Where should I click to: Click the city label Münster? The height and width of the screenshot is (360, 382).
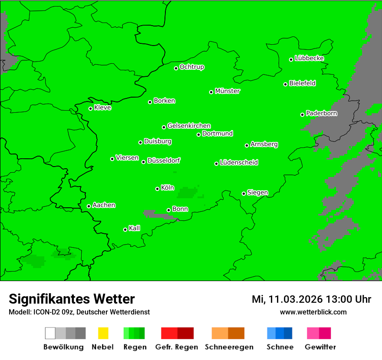(x=227, y=91)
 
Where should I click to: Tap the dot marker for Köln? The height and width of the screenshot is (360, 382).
(x=157, y=189)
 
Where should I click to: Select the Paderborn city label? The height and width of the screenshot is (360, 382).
(x=322, y=113)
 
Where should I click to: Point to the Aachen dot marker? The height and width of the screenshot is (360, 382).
(x=89, y=206)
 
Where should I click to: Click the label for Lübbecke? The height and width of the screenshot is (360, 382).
(x=310, y=58)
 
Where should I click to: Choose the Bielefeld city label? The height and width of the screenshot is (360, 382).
(x=303, y=83)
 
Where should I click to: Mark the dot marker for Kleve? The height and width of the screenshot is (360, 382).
(x=90, y=108)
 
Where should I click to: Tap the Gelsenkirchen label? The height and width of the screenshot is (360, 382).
(x=189, y=126)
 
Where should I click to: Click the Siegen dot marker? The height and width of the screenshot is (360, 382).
(x=244, y=193)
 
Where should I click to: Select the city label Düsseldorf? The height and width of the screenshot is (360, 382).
(x=164, y=160)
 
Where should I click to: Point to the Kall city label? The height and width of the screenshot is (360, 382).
(x=135, y=228)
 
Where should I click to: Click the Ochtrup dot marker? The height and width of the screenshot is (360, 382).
(x=176, y=68)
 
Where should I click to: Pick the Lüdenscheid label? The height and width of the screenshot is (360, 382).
(x=239, y=163)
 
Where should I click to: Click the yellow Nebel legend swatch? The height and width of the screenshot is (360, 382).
(x=103, y=333)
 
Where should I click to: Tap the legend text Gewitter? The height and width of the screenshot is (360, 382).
(x=320, y=347)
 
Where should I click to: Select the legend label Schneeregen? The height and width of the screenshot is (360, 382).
(x=228, y=347)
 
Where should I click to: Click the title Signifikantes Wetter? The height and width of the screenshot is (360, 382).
(x=72, y=299)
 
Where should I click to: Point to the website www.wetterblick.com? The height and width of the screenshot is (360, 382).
(x=313, y=312)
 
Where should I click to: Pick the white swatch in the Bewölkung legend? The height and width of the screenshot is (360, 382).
(x=50, y=333)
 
